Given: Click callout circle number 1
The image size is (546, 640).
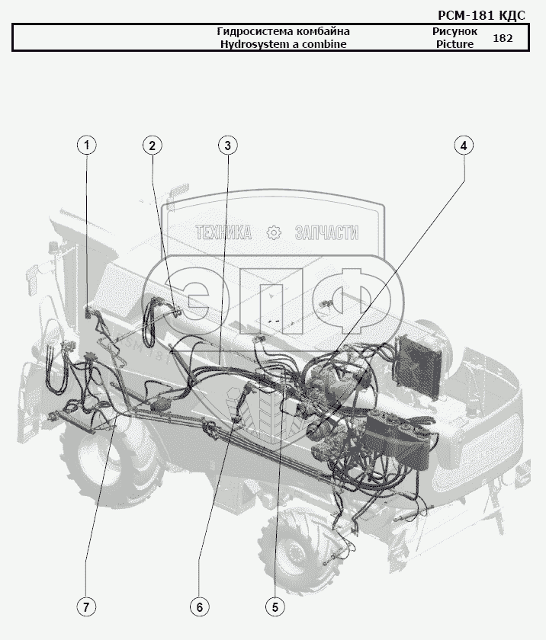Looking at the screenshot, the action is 87,146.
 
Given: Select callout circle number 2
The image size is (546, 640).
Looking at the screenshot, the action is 153,146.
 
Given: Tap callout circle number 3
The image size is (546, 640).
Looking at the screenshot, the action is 228,146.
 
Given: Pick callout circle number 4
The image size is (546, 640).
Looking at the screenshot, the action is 464,146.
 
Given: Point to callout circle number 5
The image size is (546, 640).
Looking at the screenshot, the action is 275,607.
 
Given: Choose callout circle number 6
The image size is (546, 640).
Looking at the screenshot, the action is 200,607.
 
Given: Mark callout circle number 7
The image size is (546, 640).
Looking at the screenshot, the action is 86,607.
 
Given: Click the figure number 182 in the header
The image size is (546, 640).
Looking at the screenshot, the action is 503,38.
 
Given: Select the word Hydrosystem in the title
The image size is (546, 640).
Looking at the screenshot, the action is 255,44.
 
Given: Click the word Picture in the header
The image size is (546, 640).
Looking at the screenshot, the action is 455,44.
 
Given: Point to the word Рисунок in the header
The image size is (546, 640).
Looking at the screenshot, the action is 455,31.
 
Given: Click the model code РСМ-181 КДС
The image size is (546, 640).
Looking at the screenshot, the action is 481,15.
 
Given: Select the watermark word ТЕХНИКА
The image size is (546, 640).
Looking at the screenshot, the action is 223,232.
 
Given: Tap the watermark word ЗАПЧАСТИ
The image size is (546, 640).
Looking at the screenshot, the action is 326,232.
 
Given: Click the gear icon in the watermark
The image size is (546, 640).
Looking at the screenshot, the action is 274,232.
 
